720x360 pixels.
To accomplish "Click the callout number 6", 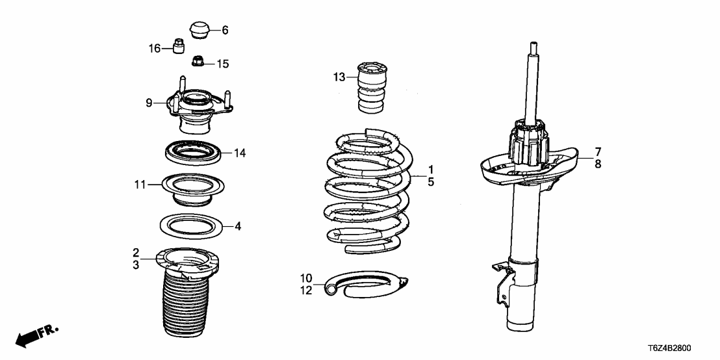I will tap(225, 30).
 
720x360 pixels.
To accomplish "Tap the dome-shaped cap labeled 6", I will tap(199, 31).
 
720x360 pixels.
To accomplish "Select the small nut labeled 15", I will tap(198, 62).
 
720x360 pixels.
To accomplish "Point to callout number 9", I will tap(149, 103).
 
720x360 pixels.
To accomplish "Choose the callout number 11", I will tap(138, 185).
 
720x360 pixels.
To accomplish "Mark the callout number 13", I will tap(339, 78).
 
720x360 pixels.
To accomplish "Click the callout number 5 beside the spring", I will tap(430, 183).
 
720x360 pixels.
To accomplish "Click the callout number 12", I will tap(306, 290).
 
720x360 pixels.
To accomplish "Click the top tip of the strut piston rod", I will tap(534, 45).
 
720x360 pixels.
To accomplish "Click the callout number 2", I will tap(136, 252).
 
